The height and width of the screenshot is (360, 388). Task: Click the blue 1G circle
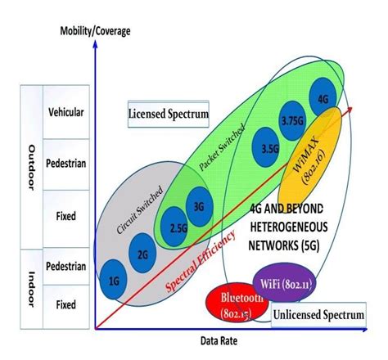pyautogui.click(x=114, y=280)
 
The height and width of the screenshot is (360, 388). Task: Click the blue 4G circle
pyautogui.click(x=322, y=99)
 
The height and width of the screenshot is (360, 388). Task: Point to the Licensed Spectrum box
pyautogui.click(x=168, y=114)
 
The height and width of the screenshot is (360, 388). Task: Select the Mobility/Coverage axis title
pyautogui.click(x=96, y=32)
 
